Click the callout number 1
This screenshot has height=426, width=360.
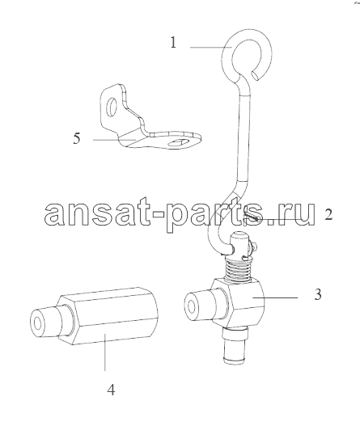pos(173,43)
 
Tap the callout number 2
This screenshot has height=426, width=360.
pos(328,214)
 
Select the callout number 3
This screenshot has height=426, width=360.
pos(318,294)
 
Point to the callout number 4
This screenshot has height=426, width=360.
pos(111,390)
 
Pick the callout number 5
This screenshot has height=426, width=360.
pos(77,138)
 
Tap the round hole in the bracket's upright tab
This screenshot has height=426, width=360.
pos(111,108)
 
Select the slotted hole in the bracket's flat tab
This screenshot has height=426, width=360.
pos(178,142)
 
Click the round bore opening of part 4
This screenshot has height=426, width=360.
pos(38,323)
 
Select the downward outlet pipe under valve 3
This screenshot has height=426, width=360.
pos(234,346)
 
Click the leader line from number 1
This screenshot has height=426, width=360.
pos(211,47)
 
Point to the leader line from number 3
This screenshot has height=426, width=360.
pos(275,297)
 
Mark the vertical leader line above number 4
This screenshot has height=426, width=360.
pos(105,352)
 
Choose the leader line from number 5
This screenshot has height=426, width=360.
pos(114,140)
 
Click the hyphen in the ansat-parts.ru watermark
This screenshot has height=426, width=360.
pos(158,213)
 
